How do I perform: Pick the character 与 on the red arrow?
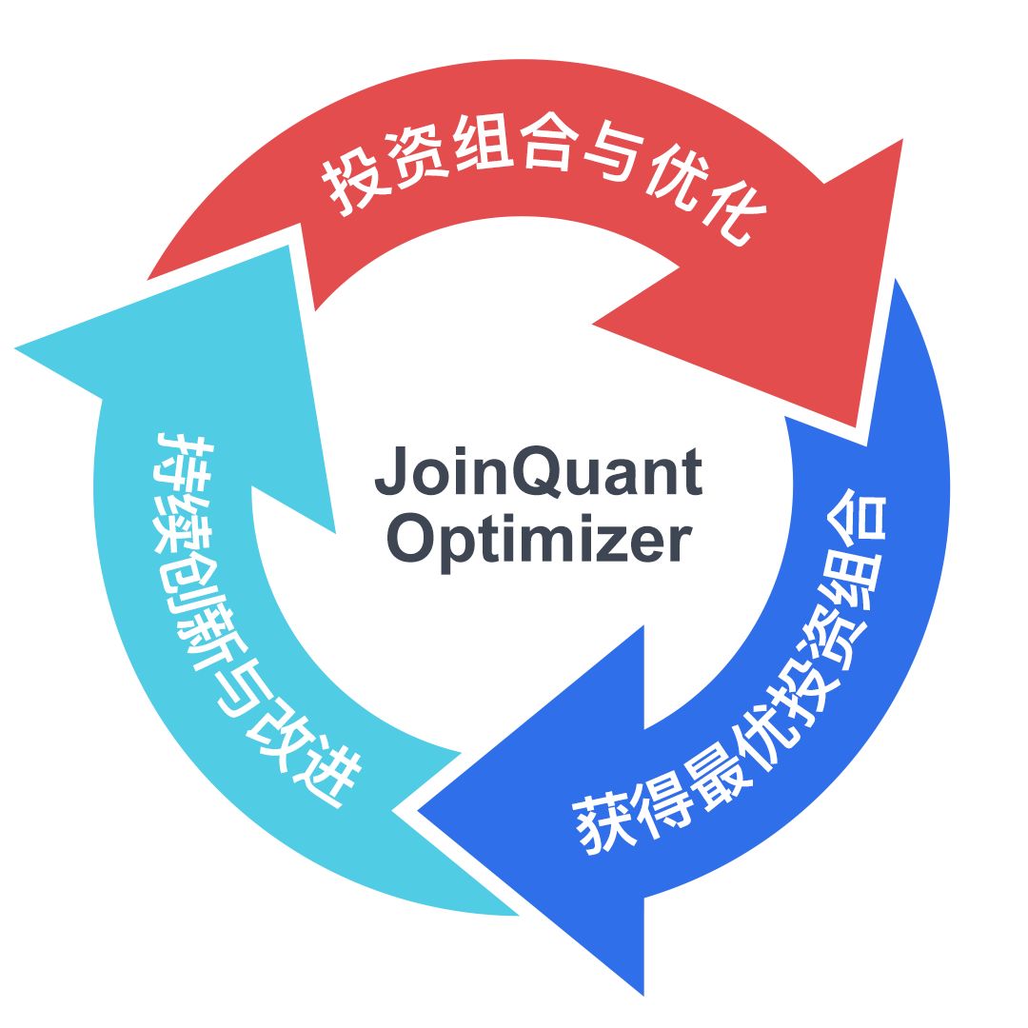point(609,155)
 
